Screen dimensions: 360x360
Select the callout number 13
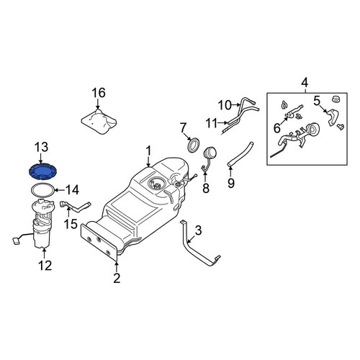coord(41,147)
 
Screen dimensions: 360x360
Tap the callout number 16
coord(99,93)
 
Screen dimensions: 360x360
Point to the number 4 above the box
coord(305,83)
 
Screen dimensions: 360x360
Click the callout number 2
coord(117,278)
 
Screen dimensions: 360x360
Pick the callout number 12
coord(45,266)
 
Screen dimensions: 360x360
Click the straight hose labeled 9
coord(240,153)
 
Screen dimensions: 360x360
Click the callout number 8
coord(206,188)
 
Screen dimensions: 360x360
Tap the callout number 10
coord(225,105)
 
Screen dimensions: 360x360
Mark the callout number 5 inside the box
coord(317,101)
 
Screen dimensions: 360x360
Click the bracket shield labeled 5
coord(333,117)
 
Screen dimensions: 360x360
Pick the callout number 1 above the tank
coord(149,151)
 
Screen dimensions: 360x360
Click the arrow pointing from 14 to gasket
coord(60,191)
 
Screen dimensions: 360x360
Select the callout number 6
coord(277,128)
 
